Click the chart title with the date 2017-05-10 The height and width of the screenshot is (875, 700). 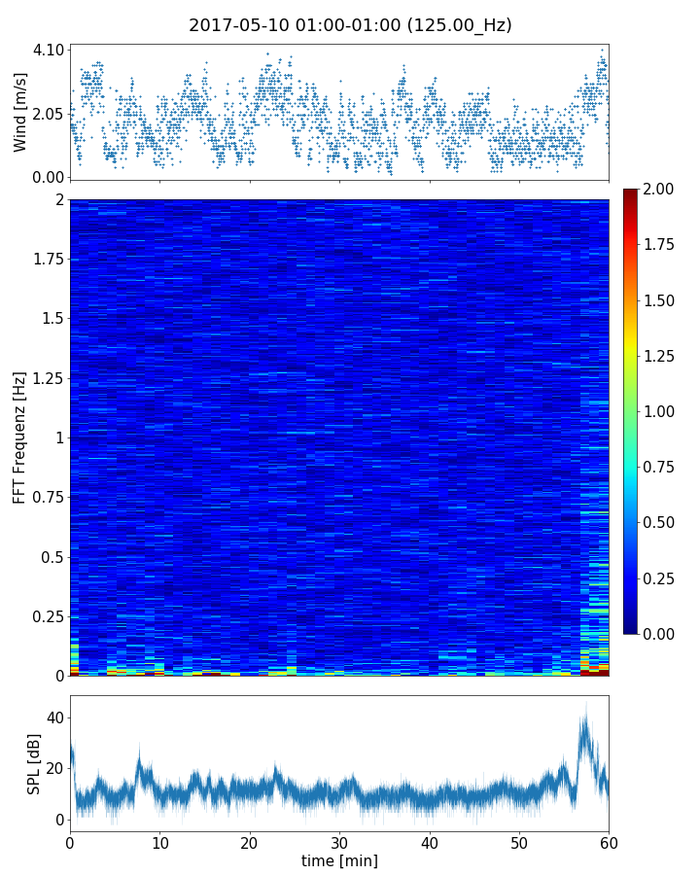[x=350, y=25]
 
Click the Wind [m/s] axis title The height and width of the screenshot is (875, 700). [x=20, y=113]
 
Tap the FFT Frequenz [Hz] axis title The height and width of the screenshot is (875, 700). [x=20, y=437]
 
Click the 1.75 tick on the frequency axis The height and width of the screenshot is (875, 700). [x=48, y=259]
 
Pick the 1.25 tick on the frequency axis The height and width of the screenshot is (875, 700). [x=48, y=378]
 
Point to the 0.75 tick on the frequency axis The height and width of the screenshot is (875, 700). [x=48, y=498]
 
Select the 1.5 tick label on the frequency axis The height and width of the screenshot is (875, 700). [x=52, y=319]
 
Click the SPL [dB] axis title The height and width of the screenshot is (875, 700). [x=34, y=764]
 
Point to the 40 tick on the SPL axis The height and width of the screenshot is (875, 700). [x=53, y=717]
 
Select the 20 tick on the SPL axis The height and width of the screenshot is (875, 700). [x=53, y=768]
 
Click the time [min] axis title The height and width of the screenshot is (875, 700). [x=339, y=860]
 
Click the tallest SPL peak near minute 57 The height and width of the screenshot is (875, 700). [x=584, y=704]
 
